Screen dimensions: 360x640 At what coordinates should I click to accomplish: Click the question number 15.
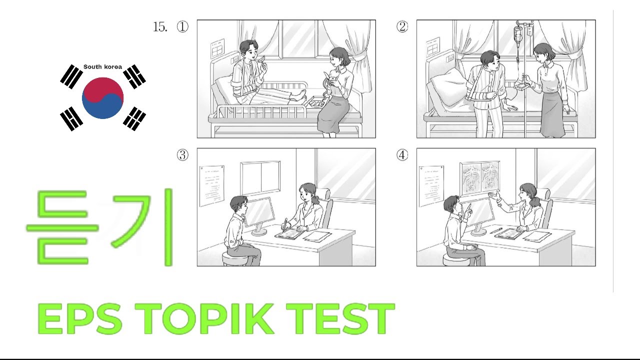(160, 27)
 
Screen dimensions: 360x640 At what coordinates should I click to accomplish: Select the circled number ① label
(183, 27)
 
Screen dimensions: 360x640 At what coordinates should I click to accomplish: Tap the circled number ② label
(402, 27)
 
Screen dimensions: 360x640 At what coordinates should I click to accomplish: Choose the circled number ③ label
(183, 155)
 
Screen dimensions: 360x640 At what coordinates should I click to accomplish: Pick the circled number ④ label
(402, 155)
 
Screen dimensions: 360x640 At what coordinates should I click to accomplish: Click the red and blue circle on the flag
(102, 98)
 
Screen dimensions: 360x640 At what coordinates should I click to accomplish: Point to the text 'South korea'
(102, 67)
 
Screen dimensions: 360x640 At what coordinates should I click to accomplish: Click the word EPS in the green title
(80, 319)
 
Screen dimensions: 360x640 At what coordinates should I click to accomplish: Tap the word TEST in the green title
(340, 319)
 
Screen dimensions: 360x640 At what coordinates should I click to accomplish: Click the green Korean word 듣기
(100, 227)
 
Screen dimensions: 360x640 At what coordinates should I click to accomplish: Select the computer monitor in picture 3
(259, 212)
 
